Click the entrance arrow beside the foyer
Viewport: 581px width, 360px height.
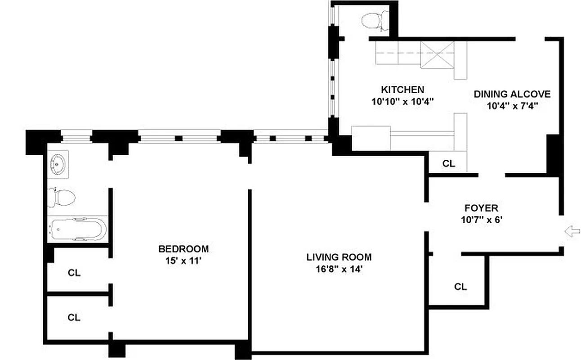572,232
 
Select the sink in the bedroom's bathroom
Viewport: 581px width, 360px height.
58,165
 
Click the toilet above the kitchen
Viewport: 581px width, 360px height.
375,20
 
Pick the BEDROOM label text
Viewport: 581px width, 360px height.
183,249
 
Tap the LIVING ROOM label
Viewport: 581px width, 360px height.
339,257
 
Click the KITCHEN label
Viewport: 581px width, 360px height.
402,90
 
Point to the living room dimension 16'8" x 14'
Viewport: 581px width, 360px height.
339,270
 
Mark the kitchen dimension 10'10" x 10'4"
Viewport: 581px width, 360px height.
402,102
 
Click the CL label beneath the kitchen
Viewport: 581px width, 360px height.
449,164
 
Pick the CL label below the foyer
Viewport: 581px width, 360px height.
460,287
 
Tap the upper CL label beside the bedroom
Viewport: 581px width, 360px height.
74,272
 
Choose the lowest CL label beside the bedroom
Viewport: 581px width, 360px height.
74,317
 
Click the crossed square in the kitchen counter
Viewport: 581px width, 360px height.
437,55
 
